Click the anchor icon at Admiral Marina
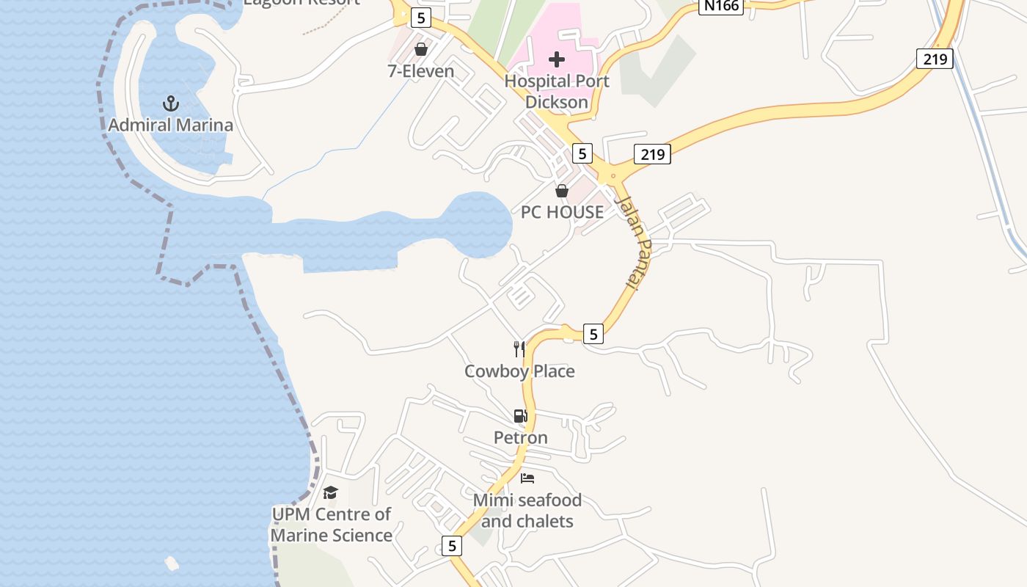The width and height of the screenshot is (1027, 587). (171, 103)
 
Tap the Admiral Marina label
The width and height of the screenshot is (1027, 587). (171, 125)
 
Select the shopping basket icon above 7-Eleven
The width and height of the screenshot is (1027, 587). (421, 49)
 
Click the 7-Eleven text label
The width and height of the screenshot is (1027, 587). (421, 71)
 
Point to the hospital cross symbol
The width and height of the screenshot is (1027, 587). (557, 59)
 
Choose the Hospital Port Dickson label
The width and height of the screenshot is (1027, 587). (557, 92)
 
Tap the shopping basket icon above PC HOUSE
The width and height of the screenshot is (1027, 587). (562, 191)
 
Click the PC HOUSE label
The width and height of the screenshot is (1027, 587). (562, 212)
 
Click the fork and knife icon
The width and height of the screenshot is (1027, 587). (519, 349)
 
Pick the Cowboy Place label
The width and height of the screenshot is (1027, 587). (519, 371)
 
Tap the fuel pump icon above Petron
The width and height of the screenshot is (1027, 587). (520, 416)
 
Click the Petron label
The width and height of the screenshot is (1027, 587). (520, 438)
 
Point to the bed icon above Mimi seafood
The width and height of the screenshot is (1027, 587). (527, 478)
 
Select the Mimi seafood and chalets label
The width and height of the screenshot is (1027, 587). (527, 511)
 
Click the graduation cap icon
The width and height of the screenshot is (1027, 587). (331, 492)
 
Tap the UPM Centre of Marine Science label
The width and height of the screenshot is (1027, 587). (332, 525)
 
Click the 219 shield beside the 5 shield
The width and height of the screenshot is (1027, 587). (651, 154)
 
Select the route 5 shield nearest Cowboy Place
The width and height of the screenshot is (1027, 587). (593, 334)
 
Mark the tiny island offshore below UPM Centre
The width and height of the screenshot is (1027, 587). (172, 564)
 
